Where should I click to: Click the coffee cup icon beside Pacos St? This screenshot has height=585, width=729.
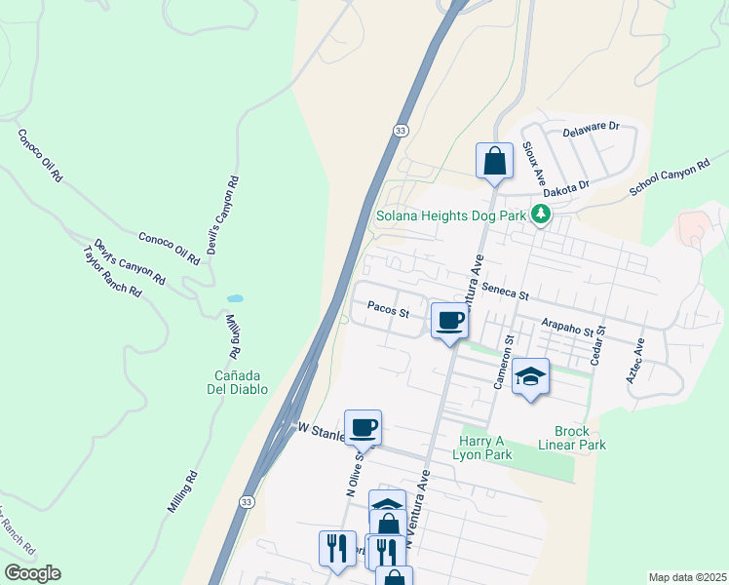449,320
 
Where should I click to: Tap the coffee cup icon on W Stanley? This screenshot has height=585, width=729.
363,427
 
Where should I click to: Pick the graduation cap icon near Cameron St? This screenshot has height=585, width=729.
530,376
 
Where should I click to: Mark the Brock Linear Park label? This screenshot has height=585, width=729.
579,438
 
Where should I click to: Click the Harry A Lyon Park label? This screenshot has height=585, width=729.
484,447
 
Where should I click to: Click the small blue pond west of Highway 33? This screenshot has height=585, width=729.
235,298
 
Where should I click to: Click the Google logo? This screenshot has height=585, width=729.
32,573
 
